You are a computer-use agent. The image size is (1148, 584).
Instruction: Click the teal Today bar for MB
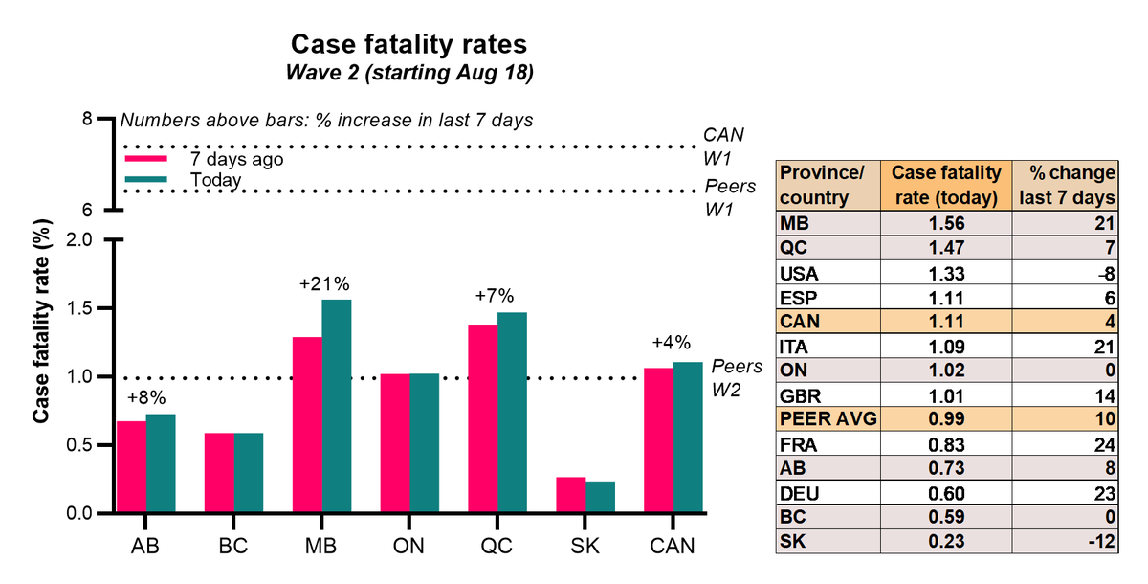(x=336, y=407)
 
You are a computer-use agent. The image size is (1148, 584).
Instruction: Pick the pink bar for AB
(x=131, y=467)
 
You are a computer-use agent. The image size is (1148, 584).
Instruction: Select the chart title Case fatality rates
(x=409, y=45)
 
